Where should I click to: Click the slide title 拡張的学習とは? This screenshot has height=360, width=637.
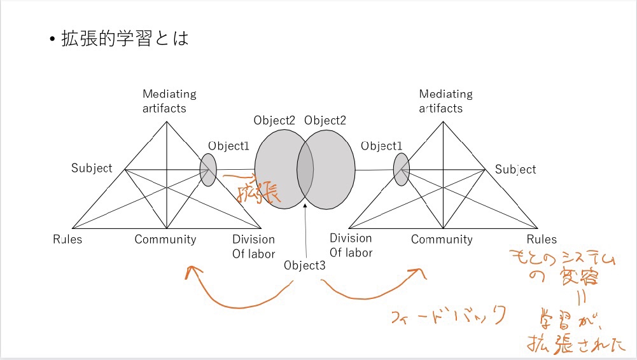(125, 39)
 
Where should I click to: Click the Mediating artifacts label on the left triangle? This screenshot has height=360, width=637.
(169, 101)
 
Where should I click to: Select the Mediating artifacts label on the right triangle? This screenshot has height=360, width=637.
(445, 101)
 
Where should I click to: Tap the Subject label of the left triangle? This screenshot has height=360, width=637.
(92, 169)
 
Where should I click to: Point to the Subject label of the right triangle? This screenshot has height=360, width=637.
(515, 169)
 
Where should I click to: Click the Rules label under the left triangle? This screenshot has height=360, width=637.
(67, 240)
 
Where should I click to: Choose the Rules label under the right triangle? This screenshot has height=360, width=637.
(541, 240)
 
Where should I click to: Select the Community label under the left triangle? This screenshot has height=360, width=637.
(165, 240)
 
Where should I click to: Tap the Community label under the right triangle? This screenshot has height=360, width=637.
(442, 240)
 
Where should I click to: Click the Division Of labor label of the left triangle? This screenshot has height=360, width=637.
(253, 246)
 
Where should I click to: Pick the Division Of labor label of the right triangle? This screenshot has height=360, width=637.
(351, 246)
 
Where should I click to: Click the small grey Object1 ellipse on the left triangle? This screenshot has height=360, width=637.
(208, 170)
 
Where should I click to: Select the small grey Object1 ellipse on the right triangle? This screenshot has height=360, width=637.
(401, 170)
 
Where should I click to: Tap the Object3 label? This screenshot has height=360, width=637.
(305, 266)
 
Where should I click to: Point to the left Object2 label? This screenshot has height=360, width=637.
(275, 120)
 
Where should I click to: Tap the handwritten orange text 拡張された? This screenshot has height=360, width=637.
(576, 345)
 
